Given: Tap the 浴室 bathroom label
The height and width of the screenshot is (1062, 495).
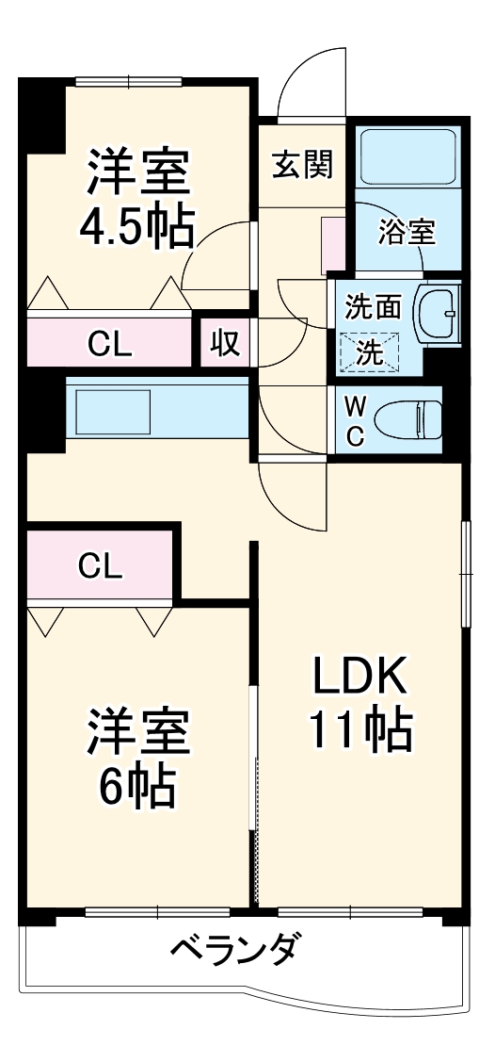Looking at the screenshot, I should pyautogui.click(x=407, y=231).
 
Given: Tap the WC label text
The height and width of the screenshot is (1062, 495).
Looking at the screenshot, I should pyautogui.click(x=355, y=421).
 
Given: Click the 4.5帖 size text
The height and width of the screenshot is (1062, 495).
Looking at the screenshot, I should pyautogui.click(x=137, y=225).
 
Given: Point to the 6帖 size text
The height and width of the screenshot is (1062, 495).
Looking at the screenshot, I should pyautogui.click(x=138, y=785).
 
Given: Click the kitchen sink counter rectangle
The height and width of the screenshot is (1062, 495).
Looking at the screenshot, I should pyautogui.click(x=113, y=412).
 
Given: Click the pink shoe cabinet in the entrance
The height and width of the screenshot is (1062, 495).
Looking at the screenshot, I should pyautogui.click(x=332, y=244).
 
